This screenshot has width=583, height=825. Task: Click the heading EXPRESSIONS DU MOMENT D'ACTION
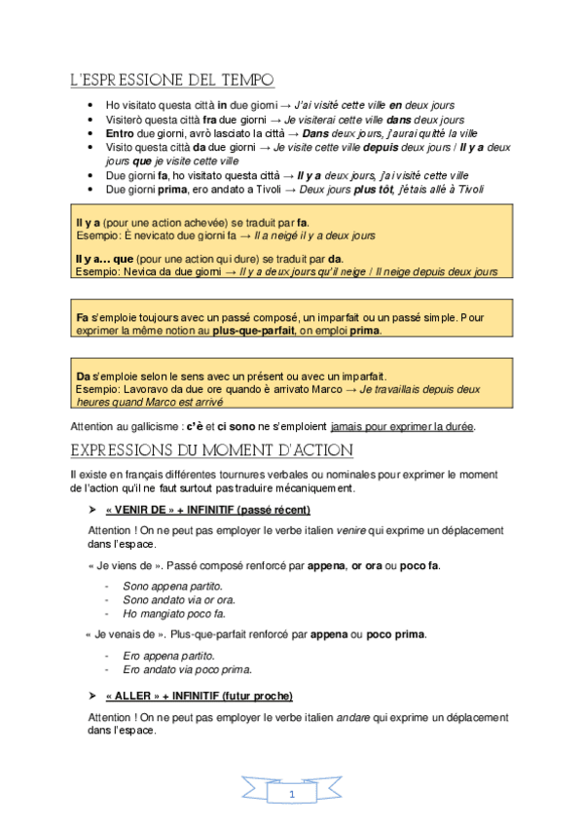click(x=212, y=450)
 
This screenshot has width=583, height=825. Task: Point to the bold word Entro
click(x=121, y=132)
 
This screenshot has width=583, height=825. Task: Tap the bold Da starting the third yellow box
click(x=82, y=376)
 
